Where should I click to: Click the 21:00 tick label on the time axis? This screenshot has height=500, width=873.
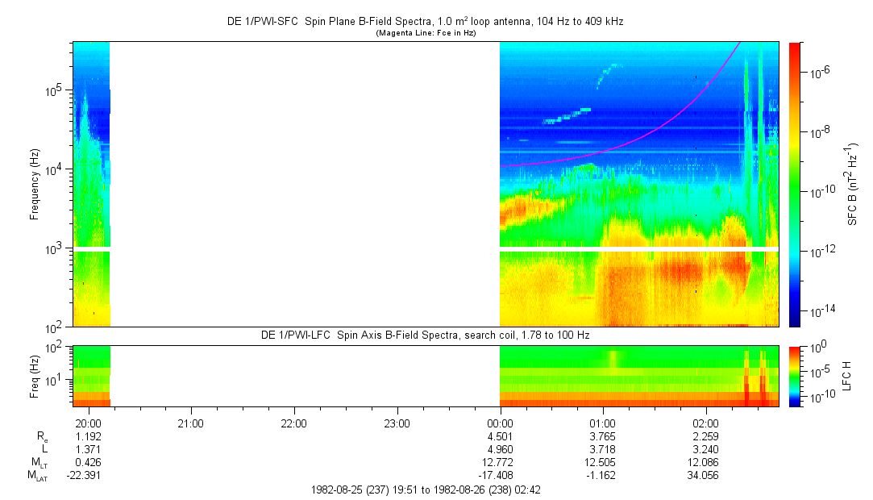[190, 422]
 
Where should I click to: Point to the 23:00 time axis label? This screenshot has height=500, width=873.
[397, 422]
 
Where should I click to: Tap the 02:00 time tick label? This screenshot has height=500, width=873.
[706, 422]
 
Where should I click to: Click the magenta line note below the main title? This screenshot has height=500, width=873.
[426, 33]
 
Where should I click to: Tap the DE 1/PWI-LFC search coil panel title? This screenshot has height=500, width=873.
[426, 335]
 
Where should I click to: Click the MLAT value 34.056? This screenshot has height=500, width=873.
[706, 476]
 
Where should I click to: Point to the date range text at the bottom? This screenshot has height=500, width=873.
[426, 490]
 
